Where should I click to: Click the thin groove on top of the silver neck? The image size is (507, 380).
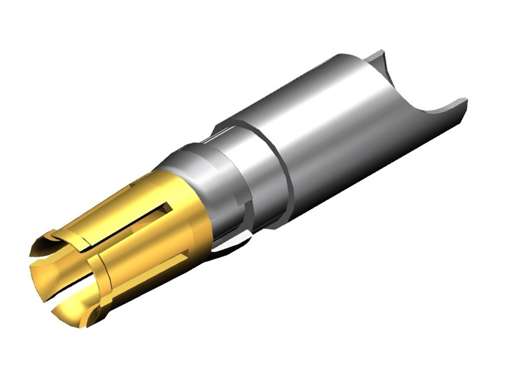click(223, 131)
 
